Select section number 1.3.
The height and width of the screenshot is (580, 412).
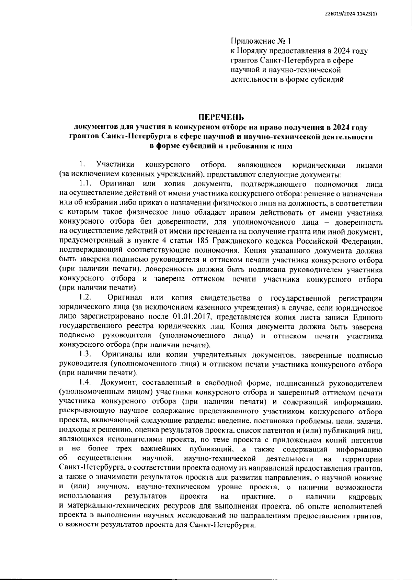click(x=85, y=354)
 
